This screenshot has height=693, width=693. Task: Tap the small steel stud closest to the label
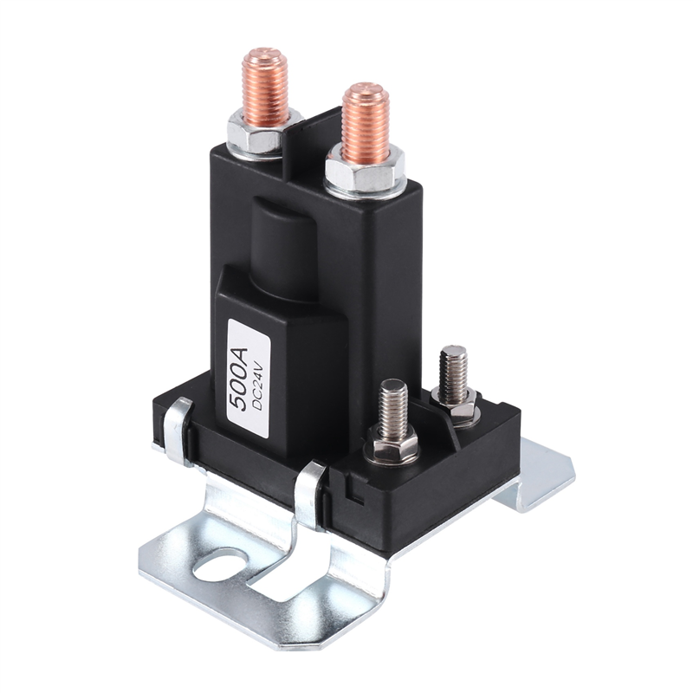(x=393, y=407)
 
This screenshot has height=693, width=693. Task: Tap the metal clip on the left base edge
(x=176, y=429)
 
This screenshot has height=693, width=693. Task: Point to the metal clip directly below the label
(x=310, y=494)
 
